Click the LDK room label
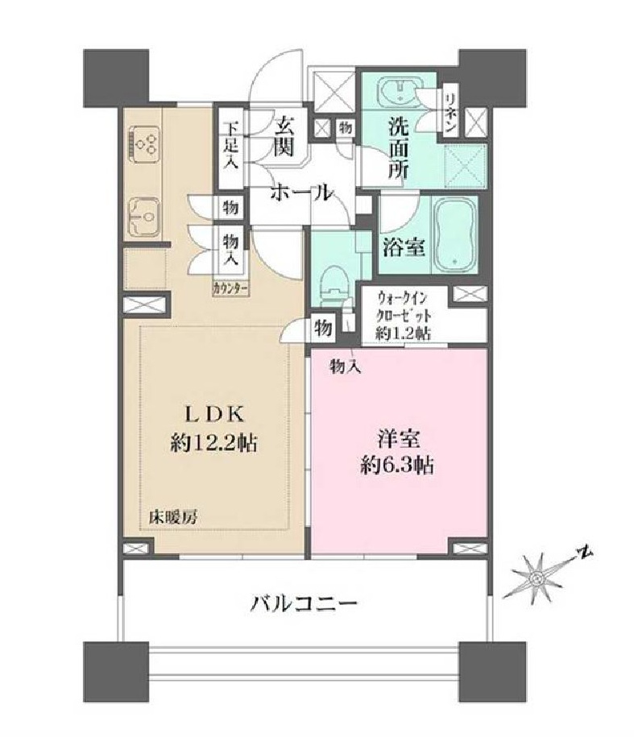[214, 414]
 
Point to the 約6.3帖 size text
[397, 465]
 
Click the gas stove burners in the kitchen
[143, 143]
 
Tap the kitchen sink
[143, 218]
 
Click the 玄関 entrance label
[284, 138]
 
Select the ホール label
[301, 193]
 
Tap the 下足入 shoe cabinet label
[231, 145]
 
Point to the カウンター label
[230, 289]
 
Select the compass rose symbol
[537, 579]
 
